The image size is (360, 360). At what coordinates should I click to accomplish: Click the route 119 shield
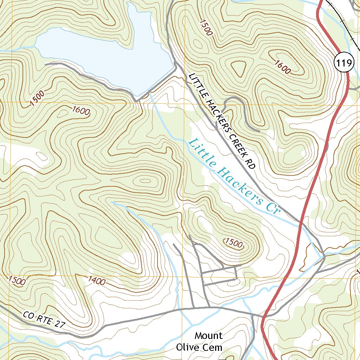click(343, 63)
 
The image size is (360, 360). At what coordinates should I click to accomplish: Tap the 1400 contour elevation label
click(97, 281)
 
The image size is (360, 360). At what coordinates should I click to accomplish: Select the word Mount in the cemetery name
click(209, 335)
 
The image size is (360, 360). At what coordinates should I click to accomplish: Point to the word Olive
click(188, 348)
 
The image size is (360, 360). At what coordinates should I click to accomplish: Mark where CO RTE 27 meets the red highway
click(263, 316)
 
